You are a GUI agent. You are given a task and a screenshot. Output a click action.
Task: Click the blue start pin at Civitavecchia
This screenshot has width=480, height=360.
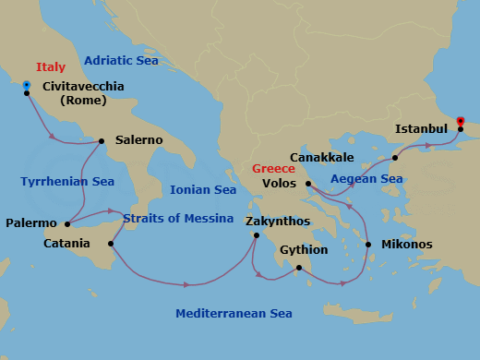tap(27, 85)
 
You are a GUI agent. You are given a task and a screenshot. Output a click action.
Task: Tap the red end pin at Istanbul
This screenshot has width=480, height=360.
tap(461, 121)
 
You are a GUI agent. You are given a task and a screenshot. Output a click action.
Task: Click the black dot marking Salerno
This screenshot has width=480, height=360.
tap(102, 141)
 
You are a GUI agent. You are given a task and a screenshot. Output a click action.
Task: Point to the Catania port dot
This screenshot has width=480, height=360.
tap(111, 244)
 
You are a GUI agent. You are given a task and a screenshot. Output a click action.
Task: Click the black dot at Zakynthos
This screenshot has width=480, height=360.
tap(256, 235)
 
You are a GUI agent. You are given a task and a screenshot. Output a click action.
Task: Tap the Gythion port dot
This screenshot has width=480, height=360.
tap(298, 269)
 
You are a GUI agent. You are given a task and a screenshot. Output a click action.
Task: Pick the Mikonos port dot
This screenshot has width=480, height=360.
tap(368, 245)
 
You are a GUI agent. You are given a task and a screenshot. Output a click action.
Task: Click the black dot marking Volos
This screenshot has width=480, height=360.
tap(308, 184)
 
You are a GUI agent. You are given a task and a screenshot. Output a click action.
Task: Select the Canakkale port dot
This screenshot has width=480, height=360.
tap(394, 158)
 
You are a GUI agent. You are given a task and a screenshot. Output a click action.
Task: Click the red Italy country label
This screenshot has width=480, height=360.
tap(52, 67)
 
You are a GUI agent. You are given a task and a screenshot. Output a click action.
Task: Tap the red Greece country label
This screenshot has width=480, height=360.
tap(273, 169)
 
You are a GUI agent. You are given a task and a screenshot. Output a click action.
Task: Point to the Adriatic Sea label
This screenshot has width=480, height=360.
tap(121, 60)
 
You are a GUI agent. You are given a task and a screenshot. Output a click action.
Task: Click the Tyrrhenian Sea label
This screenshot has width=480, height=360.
tap(67, 182)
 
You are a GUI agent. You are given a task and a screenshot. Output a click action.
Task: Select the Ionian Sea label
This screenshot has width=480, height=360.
tap(203, 189)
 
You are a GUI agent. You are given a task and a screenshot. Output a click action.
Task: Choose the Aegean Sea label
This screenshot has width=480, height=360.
tap(366, 178)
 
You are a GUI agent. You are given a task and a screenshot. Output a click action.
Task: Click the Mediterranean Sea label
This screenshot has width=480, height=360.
tap(234, 314)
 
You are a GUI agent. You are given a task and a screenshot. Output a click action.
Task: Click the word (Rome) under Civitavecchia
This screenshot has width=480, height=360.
tap(83, 101)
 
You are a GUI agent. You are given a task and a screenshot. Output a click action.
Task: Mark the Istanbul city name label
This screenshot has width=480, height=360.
tap(421, 128)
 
